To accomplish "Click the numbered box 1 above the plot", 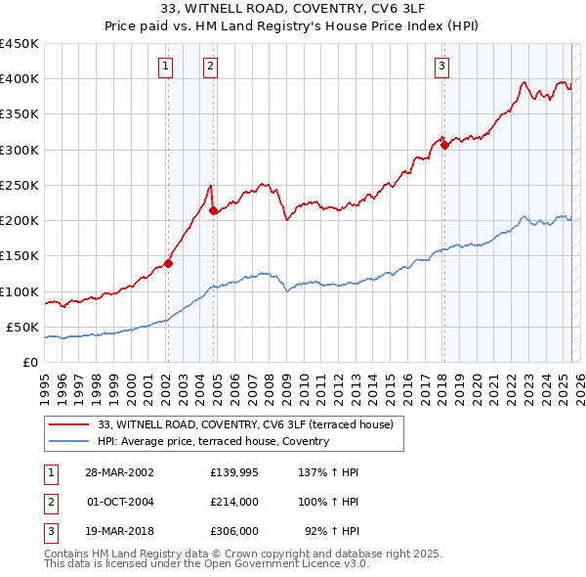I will tap(166, 67).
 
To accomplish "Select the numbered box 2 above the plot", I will tap(211, 67).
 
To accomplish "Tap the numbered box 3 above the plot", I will tap(442, 67).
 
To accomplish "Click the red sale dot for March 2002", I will tap(168, 262).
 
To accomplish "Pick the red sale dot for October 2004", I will tap(213, 210).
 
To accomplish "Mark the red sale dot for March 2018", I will tap(444, 145).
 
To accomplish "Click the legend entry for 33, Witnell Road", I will tap(245, 424).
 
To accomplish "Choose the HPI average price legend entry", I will tap(214, 441).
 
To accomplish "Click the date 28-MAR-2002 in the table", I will tap(119, 472).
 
